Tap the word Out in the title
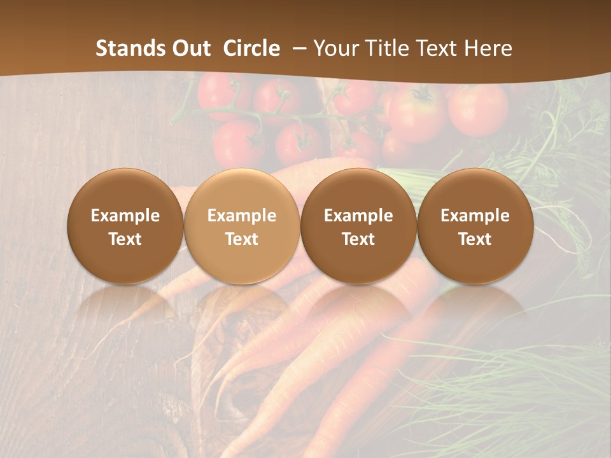click(x=190, y=48)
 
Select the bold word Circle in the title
click(x=251, y=48)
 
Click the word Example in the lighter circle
click(x=242, y=216)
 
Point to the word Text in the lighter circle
click(x=242, y=239)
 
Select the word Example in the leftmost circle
click(x=125, y=216)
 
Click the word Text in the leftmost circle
click(x=125, y=239)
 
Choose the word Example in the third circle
click(x=358, y=216)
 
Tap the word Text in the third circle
click(x=358, y=239)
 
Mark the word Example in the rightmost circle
click(x=475, y=216)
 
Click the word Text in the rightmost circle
click(x=475, y=239)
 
